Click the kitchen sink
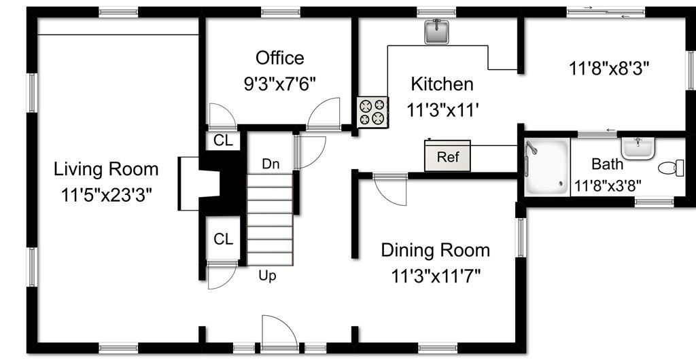coord(436,32)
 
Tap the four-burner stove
coord(372,112)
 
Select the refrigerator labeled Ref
coord(447,156)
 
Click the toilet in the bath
coord(671,168)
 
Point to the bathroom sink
coord(638,148)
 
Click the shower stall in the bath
coord(547,166)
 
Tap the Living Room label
coord(106,169)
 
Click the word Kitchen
coord(442,84)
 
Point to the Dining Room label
coord(436,251)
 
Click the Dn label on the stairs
coord(271,164)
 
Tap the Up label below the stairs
coord(267,276)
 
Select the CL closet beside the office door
coord(223,141)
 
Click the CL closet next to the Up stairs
coord(223,239)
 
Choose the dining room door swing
coord(390,190)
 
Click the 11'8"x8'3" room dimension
coord(609,69)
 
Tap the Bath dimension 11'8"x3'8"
coord(608,185)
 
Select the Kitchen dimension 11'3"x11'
coord(442,109)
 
